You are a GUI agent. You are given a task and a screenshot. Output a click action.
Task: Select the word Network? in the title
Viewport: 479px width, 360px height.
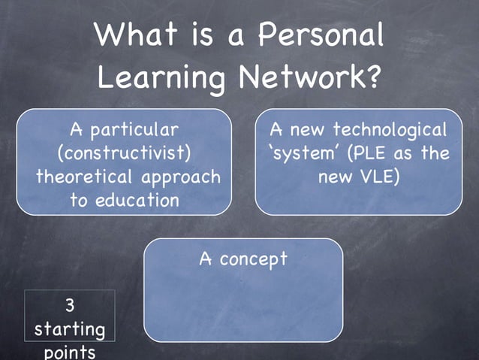pyautogui.click(x=309, y=77)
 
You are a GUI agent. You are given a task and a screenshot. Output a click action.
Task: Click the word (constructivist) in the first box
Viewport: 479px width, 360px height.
pyautogui.click(x=124, y=154)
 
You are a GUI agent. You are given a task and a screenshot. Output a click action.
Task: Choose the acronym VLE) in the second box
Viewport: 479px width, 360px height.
pyautogui.click(x=379, y=177)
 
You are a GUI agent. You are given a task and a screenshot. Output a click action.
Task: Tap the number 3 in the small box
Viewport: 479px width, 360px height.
pyautogui.click(x=69, y=305)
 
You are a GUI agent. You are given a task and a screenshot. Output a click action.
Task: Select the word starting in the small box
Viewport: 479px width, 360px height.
pyautogui.click(x=70, y=329)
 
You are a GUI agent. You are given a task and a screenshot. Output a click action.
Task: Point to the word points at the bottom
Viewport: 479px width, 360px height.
pyautogui.click(x=70, y=352)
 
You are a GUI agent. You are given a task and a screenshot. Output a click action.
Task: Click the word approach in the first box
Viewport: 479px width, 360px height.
pyautogui.click(x=188, y=177)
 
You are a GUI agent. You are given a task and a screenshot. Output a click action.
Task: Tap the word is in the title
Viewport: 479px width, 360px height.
pyautogui.click(x=202, y=35)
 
